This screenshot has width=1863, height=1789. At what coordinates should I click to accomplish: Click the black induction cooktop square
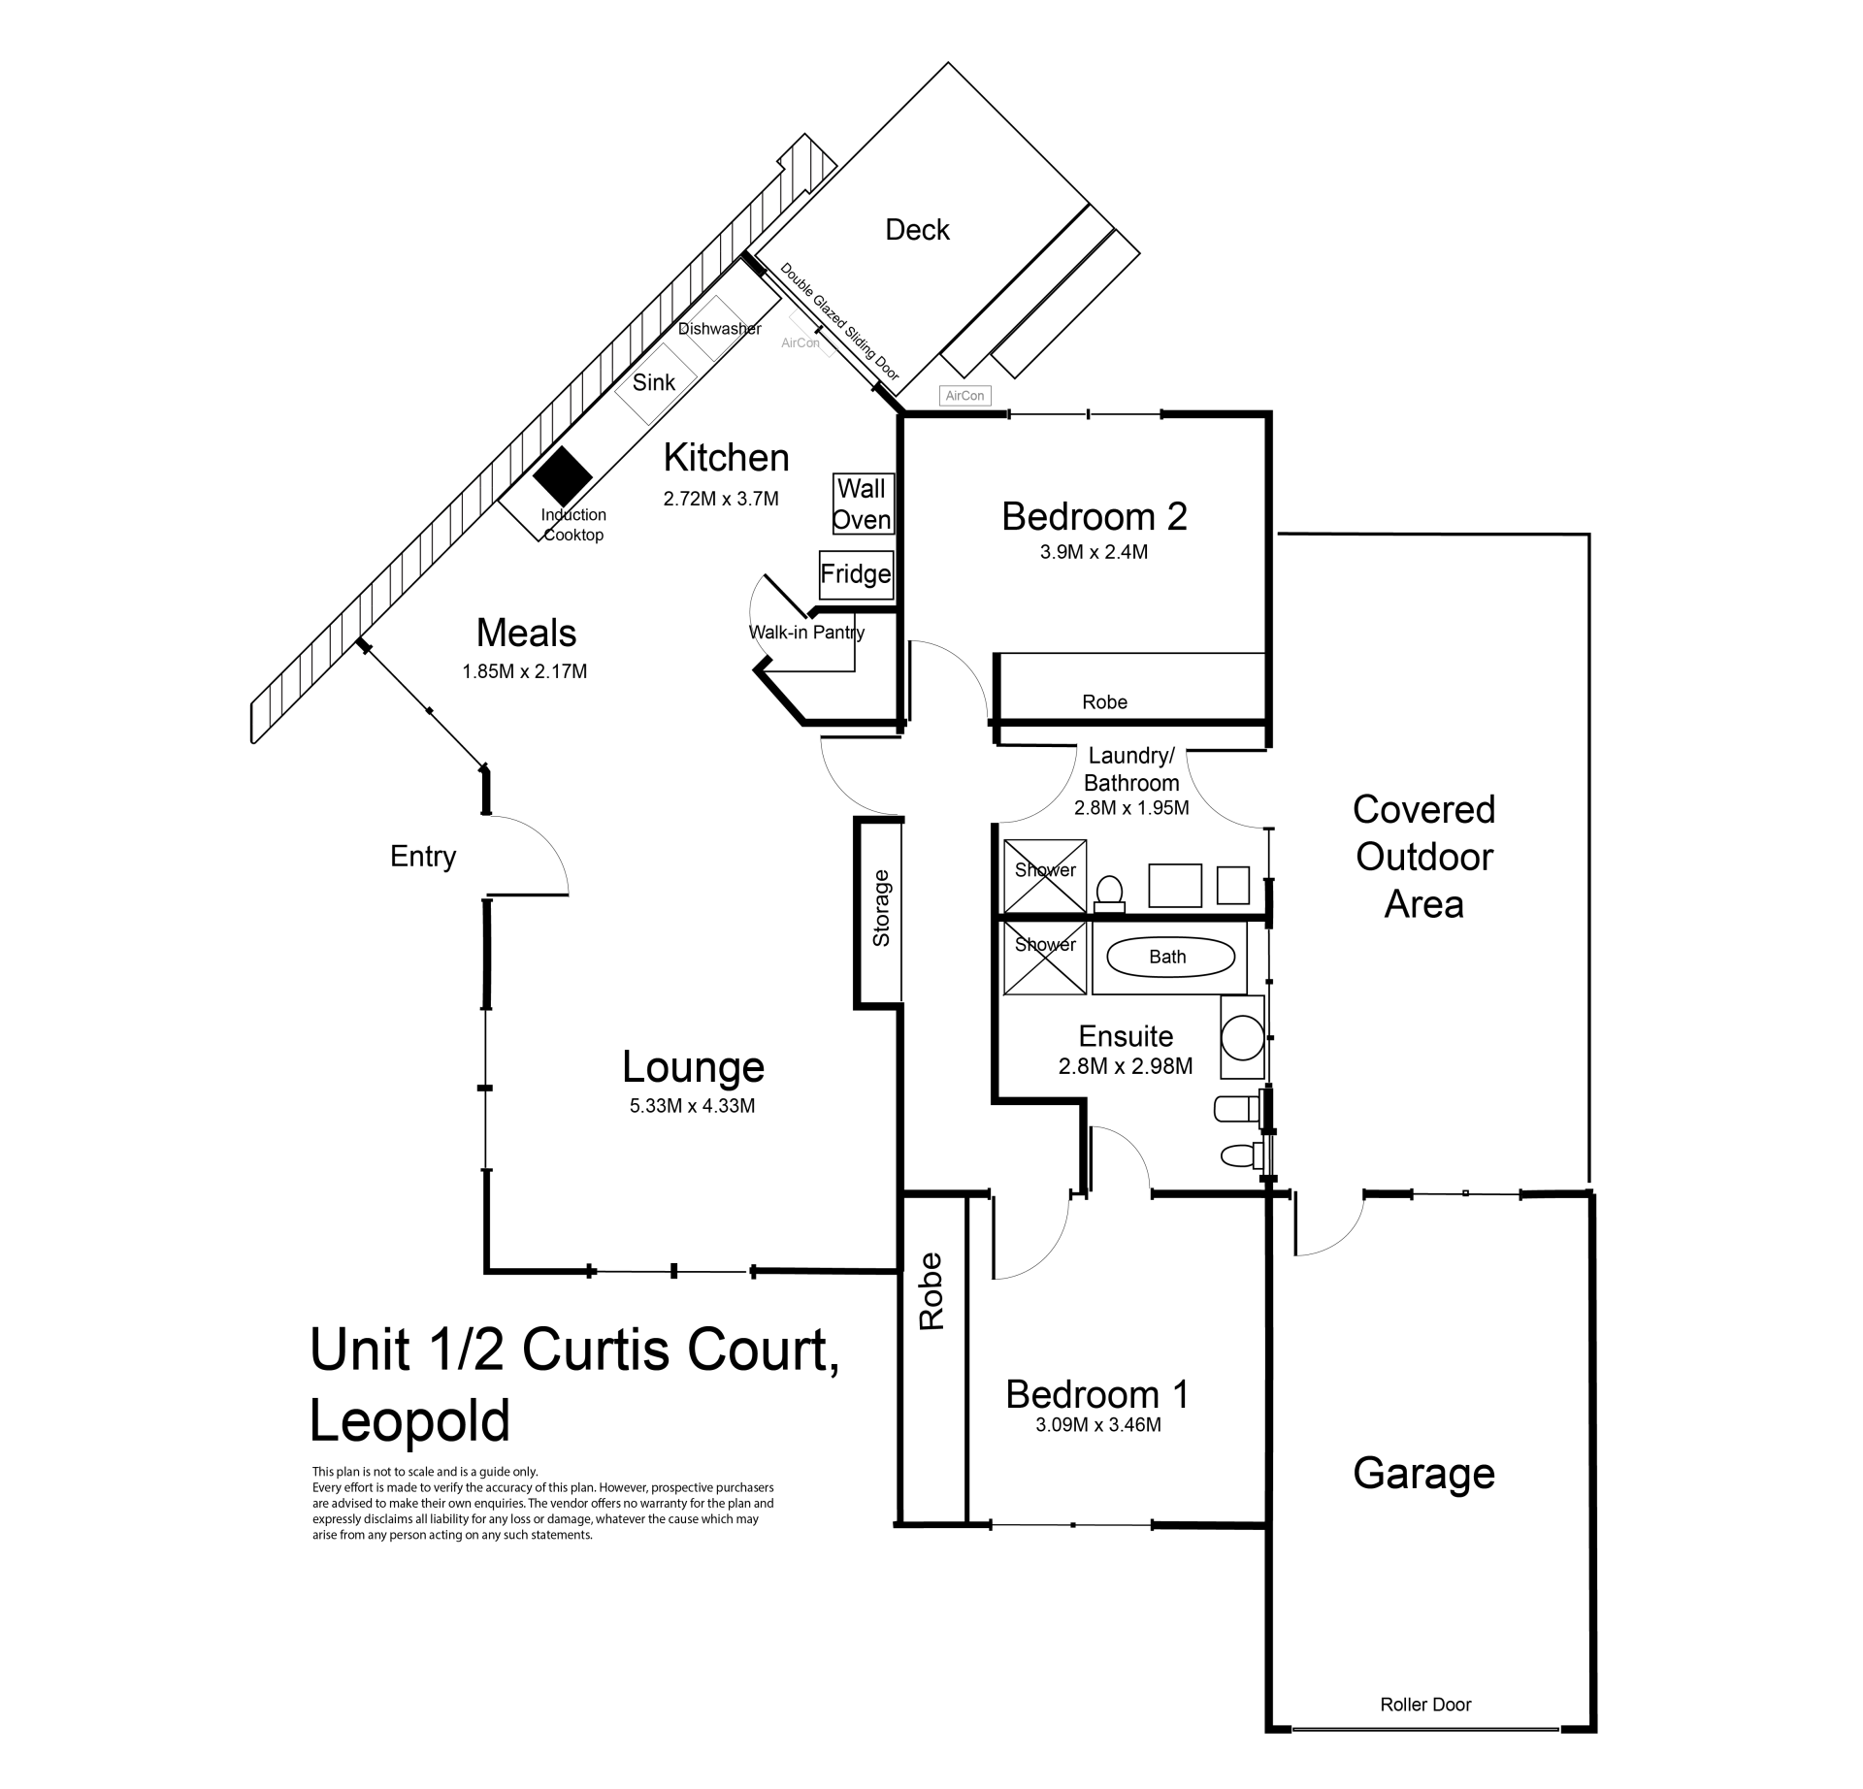[563, 475]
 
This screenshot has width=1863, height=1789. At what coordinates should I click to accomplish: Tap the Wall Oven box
[863, 504]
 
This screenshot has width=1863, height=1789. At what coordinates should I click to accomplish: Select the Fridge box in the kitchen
[856, 574]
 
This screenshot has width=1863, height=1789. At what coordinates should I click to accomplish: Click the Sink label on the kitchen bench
[653, 382]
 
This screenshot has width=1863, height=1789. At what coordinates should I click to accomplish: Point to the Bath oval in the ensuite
[1171, 958]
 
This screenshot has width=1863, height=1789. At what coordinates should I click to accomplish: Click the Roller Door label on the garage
[1425, 1705]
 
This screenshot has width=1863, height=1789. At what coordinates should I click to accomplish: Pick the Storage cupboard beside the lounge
[880, 912]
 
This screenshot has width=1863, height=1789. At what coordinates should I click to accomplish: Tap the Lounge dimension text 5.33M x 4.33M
[692, 1105]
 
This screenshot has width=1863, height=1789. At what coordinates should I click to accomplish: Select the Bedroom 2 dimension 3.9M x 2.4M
[1094, 552]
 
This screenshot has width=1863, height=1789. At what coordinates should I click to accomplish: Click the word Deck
[917, 230]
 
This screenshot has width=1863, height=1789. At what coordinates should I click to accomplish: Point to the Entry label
[423, 857]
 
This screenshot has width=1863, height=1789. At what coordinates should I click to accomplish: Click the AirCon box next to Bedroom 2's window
[964, 395]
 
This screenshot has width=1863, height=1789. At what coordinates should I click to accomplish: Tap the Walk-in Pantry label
[806, 633]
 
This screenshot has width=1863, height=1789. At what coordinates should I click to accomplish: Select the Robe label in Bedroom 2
[1104, 702]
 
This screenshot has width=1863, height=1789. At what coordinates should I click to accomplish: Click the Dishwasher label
[719, 329]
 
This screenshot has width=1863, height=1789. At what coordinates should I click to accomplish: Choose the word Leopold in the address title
[409, 1421]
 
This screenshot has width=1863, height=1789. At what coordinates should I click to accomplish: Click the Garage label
[1423, 1473]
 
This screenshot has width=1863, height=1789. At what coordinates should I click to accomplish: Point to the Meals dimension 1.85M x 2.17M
[525, 671]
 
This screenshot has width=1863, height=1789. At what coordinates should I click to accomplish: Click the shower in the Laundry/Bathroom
[1045, 876]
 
